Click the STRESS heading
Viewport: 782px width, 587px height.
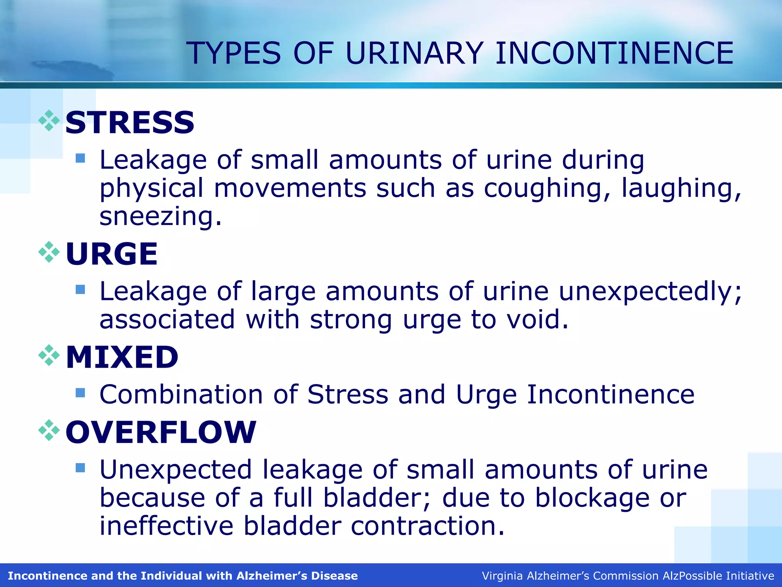(x=130, y=122)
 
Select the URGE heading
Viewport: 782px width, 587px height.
(x=111, y=254)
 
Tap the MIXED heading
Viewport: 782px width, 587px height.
(x=122, y=357)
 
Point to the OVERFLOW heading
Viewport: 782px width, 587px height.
(x=161, y=432)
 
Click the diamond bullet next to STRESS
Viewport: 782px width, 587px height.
(x=49, y=121)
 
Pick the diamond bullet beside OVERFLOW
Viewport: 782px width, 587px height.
(x=49, y=430)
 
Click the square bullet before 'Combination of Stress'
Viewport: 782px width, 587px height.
(x=80, y=392)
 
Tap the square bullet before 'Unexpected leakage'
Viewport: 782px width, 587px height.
(x=80, y=468)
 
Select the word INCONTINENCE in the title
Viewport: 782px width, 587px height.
(x=614, y=53)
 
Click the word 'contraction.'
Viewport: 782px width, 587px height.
(x=428, y=526)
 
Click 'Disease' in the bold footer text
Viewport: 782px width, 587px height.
(x=334, y=576)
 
